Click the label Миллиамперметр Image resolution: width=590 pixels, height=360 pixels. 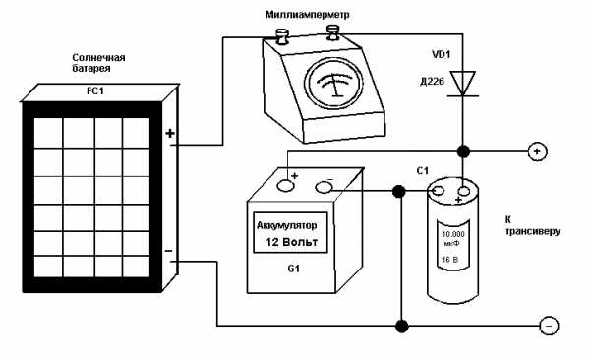coord(308,15)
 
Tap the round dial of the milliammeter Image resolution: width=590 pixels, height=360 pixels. coord(334,84)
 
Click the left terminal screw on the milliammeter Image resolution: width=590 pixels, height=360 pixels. coord(282,36)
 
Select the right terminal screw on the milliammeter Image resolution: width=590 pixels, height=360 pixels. coord(333,32)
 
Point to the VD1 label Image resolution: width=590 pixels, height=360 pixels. coord(441,55)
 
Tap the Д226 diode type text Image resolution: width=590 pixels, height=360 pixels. coord(432,81)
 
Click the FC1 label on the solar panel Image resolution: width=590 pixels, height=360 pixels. coord(94,90)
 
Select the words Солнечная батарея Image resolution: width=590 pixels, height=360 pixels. coord(98,63)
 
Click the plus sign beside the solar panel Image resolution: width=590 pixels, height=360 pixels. coord(170,133)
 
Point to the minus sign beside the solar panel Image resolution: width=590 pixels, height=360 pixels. coord(168,251)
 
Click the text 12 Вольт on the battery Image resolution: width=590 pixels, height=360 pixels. coord(292,242)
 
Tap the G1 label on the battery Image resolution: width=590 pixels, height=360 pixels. coord(293,269)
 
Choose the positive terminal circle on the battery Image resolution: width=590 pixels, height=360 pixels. coord(285,185)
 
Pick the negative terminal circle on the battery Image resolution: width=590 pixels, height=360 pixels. coord(324,187)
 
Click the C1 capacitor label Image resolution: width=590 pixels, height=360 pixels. coord(423,171)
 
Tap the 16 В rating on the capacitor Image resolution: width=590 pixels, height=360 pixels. coord(450,260)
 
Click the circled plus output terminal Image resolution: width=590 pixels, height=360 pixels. coord(538,151)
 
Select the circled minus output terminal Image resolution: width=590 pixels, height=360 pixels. coord(549,327)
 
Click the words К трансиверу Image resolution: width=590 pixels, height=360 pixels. coord(532,225)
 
